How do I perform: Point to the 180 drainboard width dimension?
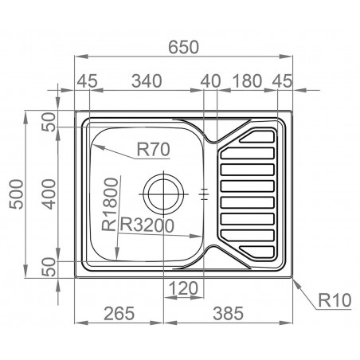tap(248, 80)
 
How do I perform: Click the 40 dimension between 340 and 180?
tap(210, 80)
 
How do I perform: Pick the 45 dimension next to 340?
tap(87, 80)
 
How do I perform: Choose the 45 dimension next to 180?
tap(283, 80)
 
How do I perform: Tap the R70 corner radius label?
tap(152, 147)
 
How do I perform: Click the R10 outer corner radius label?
tap(334, 300)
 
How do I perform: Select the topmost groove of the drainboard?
tap(252, 135)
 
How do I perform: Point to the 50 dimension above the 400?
tap(49, 123)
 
